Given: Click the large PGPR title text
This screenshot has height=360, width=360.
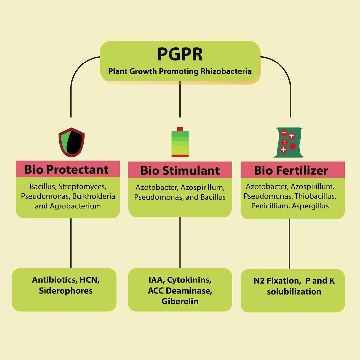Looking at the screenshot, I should [180, 54].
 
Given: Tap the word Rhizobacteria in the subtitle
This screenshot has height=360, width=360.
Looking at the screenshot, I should [226, 71].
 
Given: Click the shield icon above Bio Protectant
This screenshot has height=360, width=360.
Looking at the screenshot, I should [71, 142].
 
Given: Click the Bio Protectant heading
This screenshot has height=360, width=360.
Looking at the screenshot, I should [66, 170].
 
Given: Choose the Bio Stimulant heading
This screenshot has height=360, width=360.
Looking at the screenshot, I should [180, 171].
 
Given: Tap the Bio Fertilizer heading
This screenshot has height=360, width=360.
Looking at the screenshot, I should [291, 171].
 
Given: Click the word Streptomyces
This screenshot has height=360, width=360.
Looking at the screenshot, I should [82, 187].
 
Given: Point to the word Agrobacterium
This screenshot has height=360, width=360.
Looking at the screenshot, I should [75, 206].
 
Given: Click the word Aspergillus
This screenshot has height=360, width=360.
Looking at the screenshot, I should [310, 206].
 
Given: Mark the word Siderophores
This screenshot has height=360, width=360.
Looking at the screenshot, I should [66, 291].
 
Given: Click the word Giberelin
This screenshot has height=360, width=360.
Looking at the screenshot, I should [180, 301].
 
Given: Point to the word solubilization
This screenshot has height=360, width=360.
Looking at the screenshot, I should [294, 292].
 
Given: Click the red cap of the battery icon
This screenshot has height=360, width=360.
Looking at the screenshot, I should [180, 129].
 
